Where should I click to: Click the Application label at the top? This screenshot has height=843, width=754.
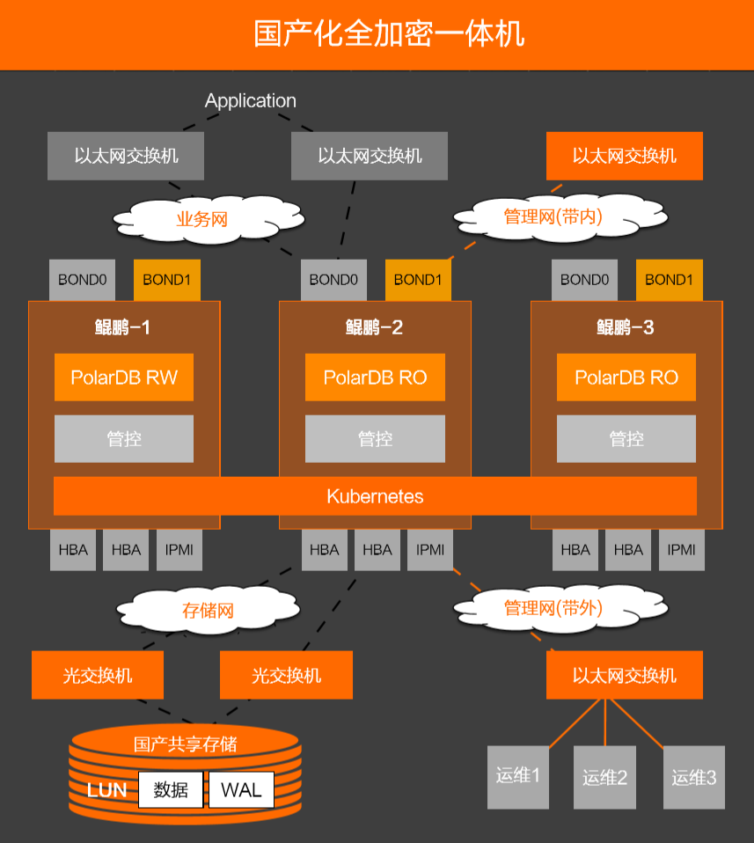coord(251,101)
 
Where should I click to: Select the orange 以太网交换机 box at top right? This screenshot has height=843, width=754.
coord(625,156)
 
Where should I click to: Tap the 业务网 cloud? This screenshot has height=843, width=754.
coord(201,219)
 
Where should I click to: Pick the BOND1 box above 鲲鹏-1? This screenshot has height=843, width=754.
coord(167,280)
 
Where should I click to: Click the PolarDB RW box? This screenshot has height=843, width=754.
coord(124,378)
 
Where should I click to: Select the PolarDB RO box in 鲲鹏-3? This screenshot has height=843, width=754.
coord(626,378)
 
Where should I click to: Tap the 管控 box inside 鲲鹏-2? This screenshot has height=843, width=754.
coord(375,439)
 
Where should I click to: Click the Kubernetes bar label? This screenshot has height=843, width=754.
coord(375,496)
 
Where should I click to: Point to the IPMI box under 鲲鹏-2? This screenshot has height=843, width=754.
coord(430,550)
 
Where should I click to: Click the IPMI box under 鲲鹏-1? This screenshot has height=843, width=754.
coord(179,550)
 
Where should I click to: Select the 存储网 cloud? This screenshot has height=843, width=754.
coord(208,610)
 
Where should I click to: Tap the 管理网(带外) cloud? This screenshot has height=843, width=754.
coord(553,608)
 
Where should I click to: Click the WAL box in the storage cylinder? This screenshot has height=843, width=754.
coord(241,789)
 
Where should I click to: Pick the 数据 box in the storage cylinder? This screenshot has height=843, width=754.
coord(171,789)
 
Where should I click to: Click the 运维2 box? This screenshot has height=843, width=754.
coord(604,777)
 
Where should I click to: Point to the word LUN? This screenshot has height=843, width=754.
coord(106,789)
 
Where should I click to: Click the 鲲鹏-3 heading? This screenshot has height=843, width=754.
coord(626,328)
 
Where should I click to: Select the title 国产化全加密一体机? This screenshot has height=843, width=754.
coord(377,33)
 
